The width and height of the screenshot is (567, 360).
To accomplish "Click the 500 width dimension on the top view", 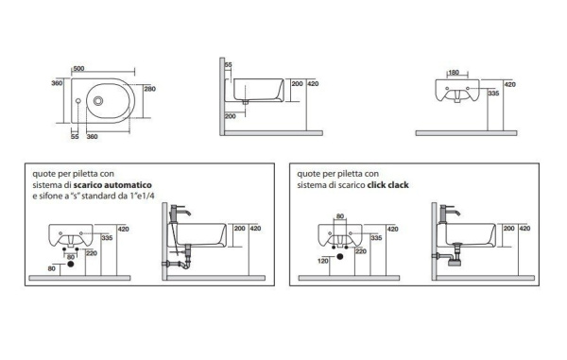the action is (78, 69).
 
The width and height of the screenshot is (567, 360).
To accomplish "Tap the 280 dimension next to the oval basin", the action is (149, 89).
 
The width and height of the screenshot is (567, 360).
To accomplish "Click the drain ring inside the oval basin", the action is (98, 101).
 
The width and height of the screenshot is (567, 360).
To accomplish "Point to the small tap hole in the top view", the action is (78, 101).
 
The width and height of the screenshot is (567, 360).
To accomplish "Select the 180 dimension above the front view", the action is (454, 73).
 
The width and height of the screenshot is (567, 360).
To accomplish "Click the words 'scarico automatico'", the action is (112, 185).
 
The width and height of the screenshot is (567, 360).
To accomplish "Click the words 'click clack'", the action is (388, 185).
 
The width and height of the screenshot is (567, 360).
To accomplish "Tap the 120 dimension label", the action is (323, 261).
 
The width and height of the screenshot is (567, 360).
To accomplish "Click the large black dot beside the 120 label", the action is (339, 257).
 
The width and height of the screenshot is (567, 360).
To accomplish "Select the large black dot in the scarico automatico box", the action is (71, 264).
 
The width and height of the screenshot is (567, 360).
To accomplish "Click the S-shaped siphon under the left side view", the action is (179, 263).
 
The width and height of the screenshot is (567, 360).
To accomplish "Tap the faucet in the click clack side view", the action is (449, 214).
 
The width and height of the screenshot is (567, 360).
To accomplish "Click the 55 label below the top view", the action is (75, 137).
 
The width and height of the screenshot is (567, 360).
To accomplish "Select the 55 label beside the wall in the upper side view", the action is (229, 65).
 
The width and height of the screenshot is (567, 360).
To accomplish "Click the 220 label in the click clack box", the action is (361, 251).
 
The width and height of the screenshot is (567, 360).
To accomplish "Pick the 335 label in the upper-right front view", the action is (493, 94).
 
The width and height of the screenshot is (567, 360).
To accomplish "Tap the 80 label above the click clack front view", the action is (340, 216).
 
